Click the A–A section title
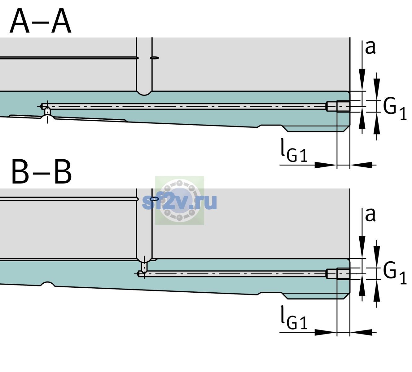click(41, 21)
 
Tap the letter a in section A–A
click(370, 48)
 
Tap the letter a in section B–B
click(370, 215)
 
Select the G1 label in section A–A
click(395, 110)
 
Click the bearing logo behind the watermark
click(180, 200)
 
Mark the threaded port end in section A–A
click(338, 106)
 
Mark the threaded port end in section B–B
click(338, 274)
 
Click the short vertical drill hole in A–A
click(47, 111)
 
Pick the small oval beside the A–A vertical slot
click(154, 58)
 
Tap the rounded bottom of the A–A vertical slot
click(144, 94)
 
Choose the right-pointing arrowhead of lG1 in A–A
click(326, 165)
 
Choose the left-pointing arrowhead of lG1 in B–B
click(361, 332)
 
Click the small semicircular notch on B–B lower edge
click(48, 284)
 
